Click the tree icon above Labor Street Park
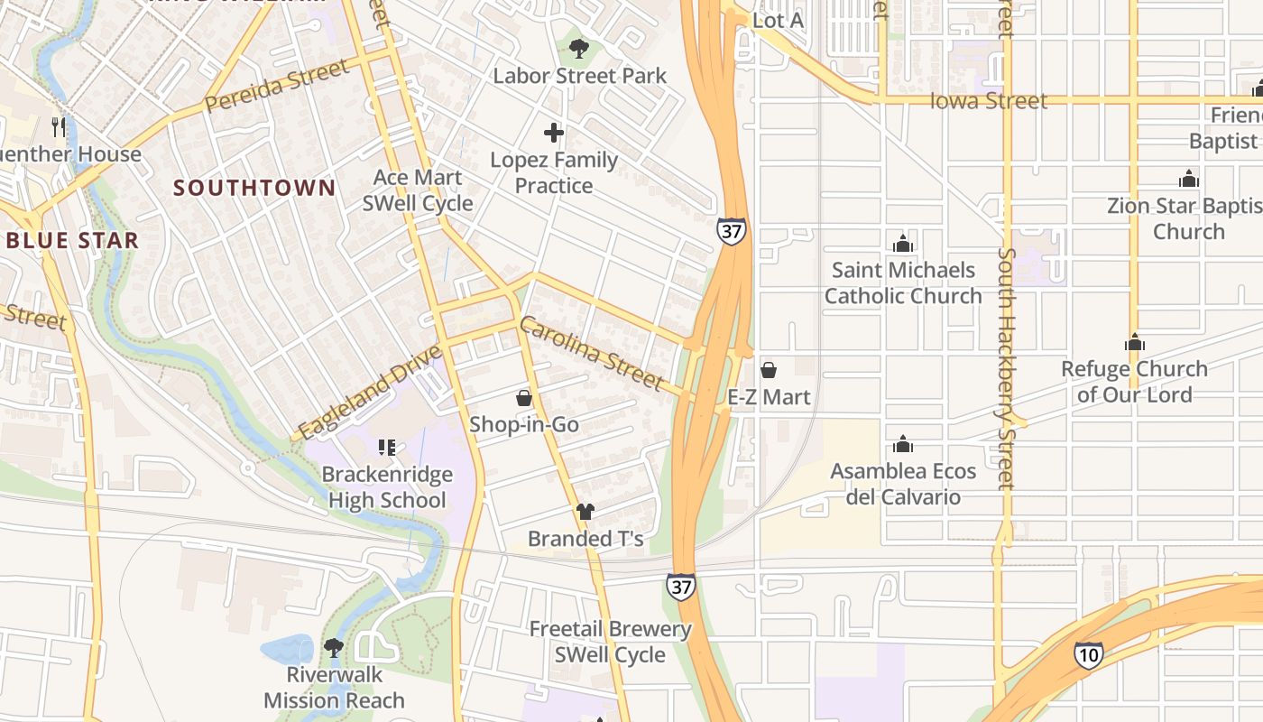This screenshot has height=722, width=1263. [x=579, y=48]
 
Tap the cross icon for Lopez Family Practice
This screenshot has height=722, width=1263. [x=554, y=134]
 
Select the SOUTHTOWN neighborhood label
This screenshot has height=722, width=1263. [x=254, y=188]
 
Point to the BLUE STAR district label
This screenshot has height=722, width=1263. [x=72, y=240]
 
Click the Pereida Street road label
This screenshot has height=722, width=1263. [x=276, y=87]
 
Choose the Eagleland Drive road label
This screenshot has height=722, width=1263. [x=370, y=393]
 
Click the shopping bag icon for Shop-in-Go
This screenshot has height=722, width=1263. [x=524, y=398]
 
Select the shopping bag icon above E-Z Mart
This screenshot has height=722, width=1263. [x=769, y=370]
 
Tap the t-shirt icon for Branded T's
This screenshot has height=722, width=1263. [x=585, y=512]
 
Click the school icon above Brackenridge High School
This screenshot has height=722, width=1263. [x=387, y=447]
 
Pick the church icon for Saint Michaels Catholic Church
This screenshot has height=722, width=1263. [x=903, y=244]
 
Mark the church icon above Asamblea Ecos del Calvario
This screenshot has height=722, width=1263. [x=903, y=444]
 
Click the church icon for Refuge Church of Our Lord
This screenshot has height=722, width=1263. [x=1135, y=342]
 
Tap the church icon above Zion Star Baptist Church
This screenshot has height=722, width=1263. [x=1189, y=179]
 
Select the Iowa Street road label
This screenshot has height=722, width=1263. [x=989, y=101]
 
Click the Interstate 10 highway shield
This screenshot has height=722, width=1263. [x=1089, y=654]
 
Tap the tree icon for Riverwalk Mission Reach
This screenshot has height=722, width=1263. [x=334, y=647]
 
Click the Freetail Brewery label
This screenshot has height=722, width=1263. [x=610, y=629]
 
